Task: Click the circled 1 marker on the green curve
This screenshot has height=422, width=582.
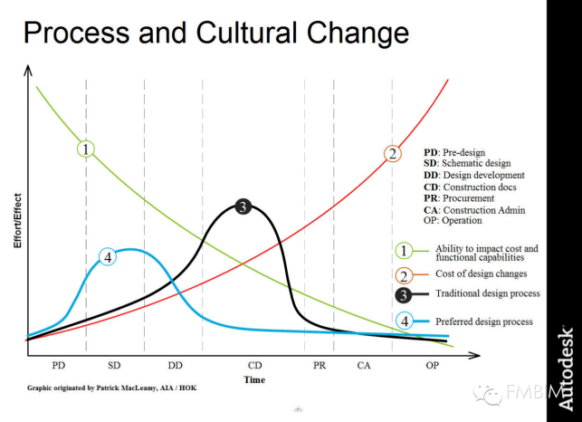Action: (86, 149)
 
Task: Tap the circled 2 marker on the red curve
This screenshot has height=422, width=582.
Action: (393, 153)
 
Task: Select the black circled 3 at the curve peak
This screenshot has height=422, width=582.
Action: (243, 206)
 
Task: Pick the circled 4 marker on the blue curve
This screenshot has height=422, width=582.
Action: (108, 256)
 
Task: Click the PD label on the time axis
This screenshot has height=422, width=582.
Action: (59, 366)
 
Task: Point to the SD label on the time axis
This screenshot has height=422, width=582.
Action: (114, 366)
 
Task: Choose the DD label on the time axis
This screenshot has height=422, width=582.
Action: (176, 366)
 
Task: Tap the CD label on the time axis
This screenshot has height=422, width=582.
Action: (254, 366)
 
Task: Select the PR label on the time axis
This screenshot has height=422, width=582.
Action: (320, 366)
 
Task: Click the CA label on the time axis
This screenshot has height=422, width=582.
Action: (364, 366)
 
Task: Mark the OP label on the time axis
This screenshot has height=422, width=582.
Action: (432, 366)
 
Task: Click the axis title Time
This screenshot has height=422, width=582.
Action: (254, 379)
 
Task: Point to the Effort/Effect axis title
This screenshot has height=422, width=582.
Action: (17, 221)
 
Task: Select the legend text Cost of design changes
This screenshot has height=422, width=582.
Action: (481, 273)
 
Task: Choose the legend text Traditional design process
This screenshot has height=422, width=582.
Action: (488, 293)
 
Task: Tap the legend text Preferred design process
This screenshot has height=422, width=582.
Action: (484, 321)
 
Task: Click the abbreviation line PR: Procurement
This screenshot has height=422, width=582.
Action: (459, 198)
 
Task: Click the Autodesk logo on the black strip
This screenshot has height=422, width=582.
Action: (565, 369)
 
